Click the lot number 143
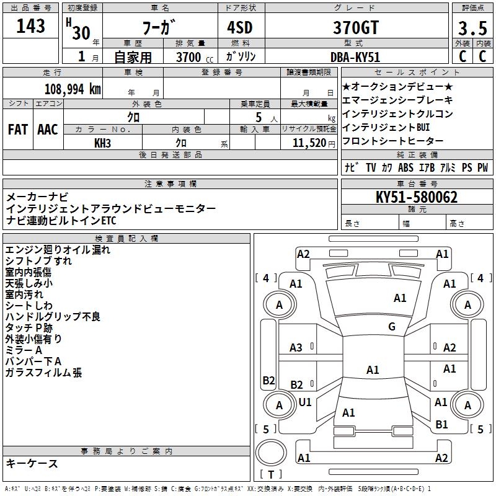point(31,26)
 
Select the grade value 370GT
point(354,27)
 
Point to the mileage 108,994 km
point(72,89)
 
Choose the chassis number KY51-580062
point(417,198)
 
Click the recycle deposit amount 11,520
point(308,143)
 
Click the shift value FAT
point(17,130)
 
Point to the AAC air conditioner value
point(48,130)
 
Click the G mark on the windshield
point(391,327)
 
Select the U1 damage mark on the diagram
point(305,402)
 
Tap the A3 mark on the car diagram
point(296,348)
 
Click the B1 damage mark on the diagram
point(441,425)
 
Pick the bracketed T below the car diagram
point(271,474)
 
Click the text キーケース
point(32,463)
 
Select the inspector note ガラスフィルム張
point(43,373)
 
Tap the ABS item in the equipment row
point(405,167)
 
